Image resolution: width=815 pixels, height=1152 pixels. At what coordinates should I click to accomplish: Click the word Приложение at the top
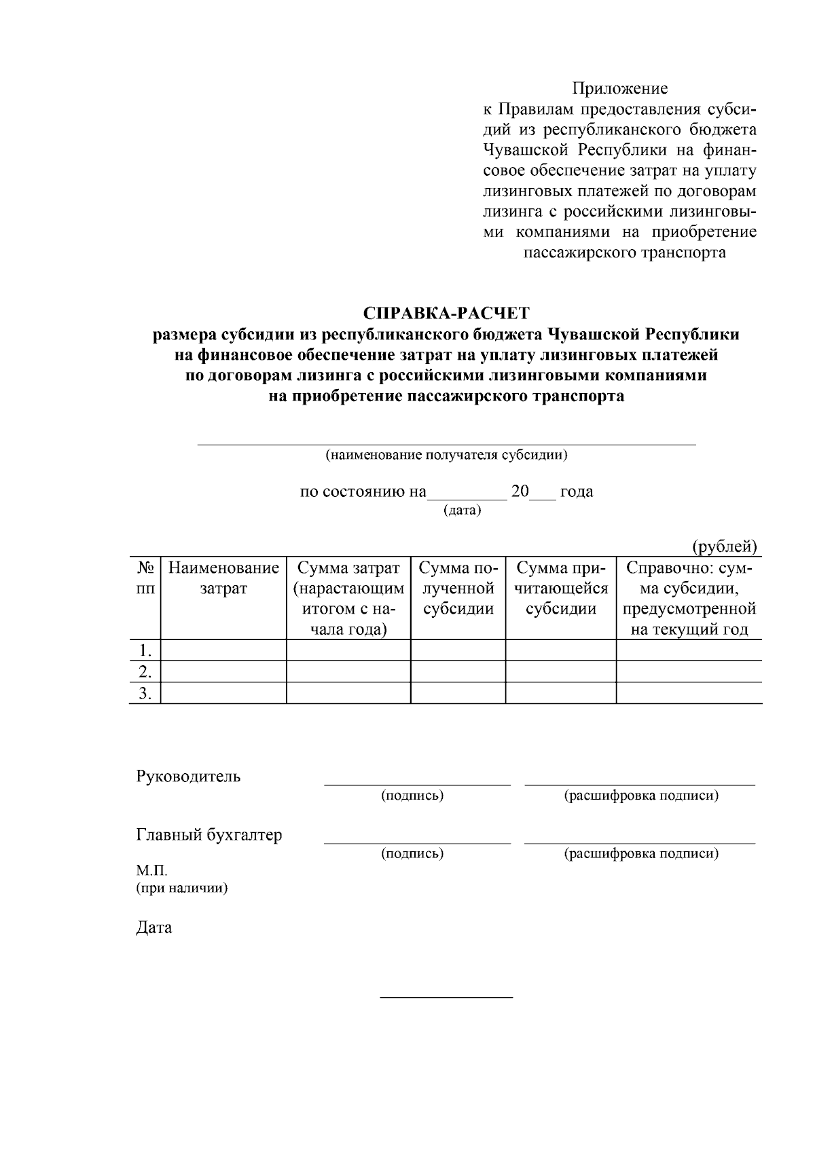[x=619, y=89]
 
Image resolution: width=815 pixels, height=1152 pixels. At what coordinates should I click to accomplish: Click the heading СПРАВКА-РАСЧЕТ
[x=446, y=314]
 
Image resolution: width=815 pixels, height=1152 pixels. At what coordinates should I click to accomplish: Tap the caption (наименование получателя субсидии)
[x=446, y=455]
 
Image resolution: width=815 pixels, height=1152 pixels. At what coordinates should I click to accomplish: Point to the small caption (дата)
[x=462, y=510]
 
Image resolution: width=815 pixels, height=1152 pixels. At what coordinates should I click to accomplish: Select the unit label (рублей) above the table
[x=724, y=546]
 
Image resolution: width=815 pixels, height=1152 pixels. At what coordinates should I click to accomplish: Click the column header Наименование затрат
[x=223, y=578]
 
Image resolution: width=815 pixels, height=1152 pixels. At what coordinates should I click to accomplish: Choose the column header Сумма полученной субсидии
[x=458, y=588]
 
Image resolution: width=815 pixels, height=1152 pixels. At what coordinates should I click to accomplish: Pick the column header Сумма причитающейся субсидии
[x=560, y=588]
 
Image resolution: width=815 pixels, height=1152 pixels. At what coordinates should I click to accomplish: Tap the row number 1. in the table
[x=145, y=650]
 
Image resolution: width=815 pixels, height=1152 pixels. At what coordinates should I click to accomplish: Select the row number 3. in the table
[x=145, y=693]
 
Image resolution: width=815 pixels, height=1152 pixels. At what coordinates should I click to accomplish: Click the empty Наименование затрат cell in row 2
[x=223, y=672]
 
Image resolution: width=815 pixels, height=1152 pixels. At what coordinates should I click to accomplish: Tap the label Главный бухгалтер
[x=209, y=835]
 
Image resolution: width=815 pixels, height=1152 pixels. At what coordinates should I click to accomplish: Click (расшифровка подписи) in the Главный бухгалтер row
[x=641, y=853]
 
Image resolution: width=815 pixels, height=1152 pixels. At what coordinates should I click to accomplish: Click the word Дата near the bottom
[x=154, y=927]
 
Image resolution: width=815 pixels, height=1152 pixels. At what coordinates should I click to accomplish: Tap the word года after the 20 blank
[x=577, y=491]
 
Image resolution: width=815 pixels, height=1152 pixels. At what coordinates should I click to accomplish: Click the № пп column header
[x=145, y=578]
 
